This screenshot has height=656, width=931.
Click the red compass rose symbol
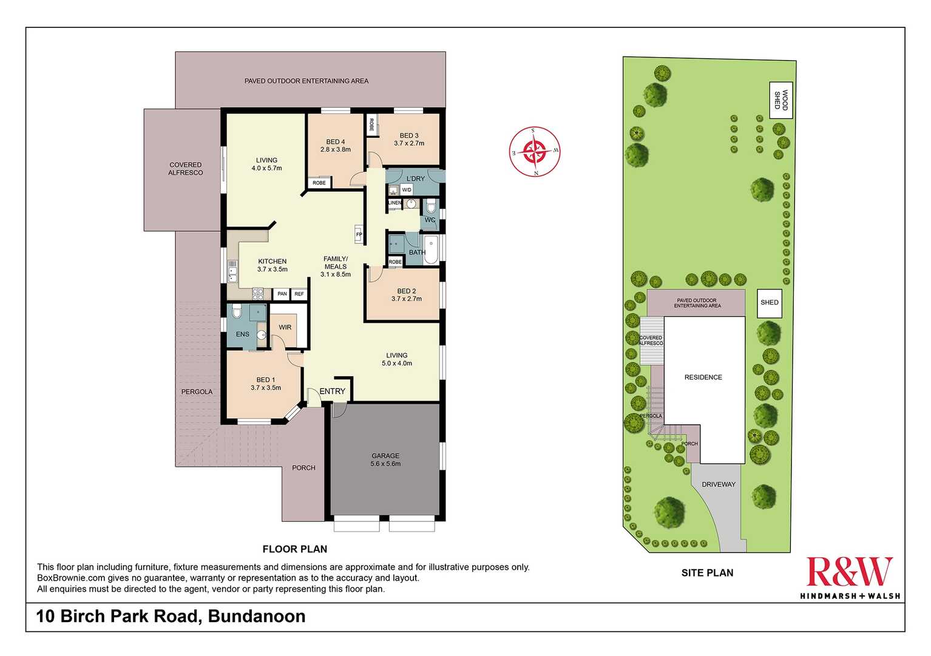[x=535, y=152]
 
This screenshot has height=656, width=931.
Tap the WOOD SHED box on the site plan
[x=780, y=100]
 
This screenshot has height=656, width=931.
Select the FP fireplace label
[x=359, y=234]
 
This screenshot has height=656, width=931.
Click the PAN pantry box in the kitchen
[x=282, y=294]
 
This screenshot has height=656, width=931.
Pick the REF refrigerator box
[x=299, y=294]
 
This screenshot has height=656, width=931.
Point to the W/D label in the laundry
[x=407, y=190]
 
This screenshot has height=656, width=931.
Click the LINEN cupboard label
[x=394, y=203]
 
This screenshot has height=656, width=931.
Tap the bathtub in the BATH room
[x=430, y=249]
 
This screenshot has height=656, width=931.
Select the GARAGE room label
[x=385, y=456]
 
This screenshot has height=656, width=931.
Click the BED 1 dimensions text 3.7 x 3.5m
[x=266, y=388]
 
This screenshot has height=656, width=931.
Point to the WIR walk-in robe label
[x=285, y=327]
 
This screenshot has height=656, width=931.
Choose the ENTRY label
[x=332, y=391]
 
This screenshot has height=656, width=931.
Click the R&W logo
[x=850, y=578]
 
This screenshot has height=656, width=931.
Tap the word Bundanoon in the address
[x=257, y=616]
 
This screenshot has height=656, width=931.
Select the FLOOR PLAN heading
[x=295, y=549]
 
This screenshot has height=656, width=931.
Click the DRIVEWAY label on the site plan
[x=718, y=484]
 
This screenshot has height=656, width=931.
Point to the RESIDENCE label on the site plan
[x=703, y=377]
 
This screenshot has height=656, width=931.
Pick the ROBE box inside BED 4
[x=319, y=183]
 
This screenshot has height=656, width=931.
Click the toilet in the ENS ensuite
[x=236, y=311]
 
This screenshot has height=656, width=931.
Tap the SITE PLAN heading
[x=707, y=573]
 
